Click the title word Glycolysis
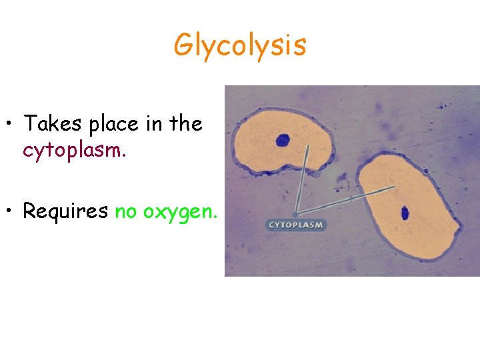click(240, 45)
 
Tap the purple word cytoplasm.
click(74, 151)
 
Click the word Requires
click(65, 211)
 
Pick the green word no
click(125, 212)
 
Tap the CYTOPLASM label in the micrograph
click(296, 225)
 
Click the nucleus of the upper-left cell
click(283, 140)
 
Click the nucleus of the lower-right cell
click(405, 213)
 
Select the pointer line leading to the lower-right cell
click(347, 198)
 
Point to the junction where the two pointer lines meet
click(296, 213)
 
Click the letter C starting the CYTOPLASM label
click(271, 225)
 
